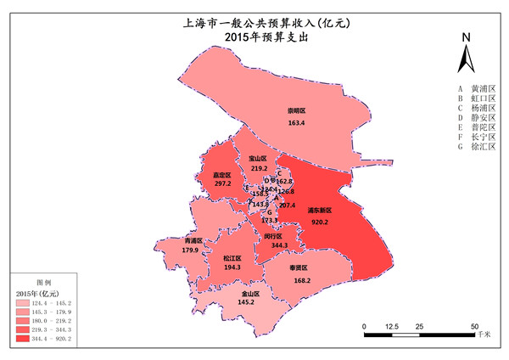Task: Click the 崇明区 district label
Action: pyautogui.click(x=295, y=111)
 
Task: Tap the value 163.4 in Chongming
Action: pyautogui.click(x=296, y=123)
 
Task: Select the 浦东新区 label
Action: pyautogui.click(x=319, y=210)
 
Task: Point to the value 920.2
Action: pyautogui.click(x=320, y=222)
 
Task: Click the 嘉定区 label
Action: pyautogui.click(x=222, y=174)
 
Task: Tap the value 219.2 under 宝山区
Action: pyautogui.click(x=259, y=169)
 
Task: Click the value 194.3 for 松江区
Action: pyautogui.click(x=232, y=267)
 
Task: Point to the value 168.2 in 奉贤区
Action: pyautogui.click(x=301, y=280)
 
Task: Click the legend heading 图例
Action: pyautogui.click(x=42, y=280)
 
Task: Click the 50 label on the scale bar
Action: pyautogui.click(x=475, y=326)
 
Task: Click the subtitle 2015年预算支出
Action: pyautogui.click(x=255, y=37)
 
